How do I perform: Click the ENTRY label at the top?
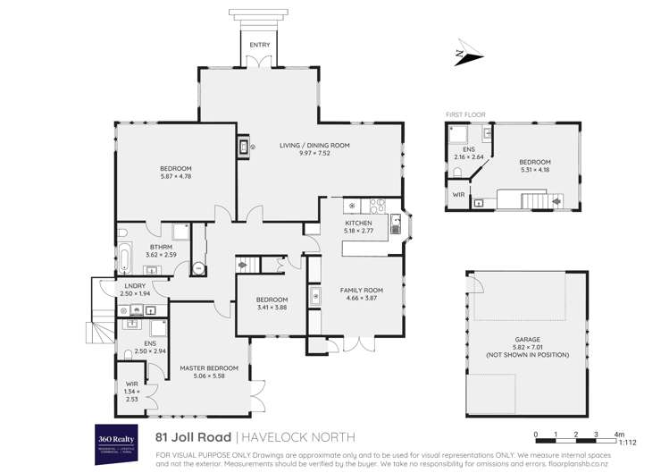click(259, 45)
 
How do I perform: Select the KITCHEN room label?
click(358, 222)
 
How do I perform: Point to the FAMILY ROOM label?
click(361, 291)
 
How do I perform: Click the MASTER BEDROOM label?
click(209, 368)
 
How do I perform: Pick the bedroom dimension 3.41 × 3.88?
click(272, 308)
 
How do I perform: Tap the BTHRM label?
click(161, 248)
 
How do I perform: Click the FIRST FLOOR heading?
click(464, 115)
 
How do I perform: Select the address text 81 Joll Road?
click(192, 437)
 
